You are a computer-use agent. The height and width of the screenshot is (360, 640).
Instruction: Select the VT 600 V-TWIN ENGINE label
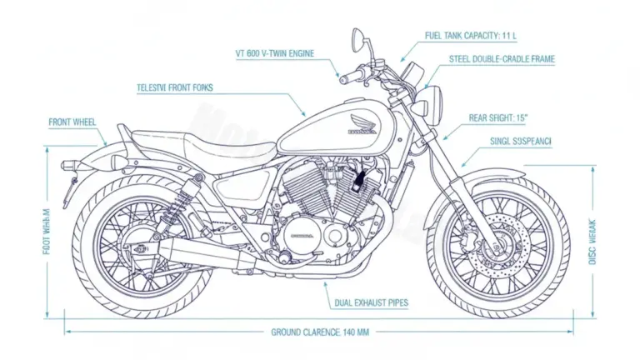click(276, 52)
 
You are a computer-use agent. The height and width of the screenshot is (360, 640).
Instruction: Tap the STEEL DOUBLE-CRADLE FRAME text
click(502, 59)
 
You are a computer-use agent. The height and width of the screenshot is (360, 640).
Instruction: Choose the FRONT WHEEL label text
click(72, 122)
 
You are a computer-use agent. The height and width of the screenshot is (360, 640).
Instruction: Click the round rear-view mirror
click(357, 37)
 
